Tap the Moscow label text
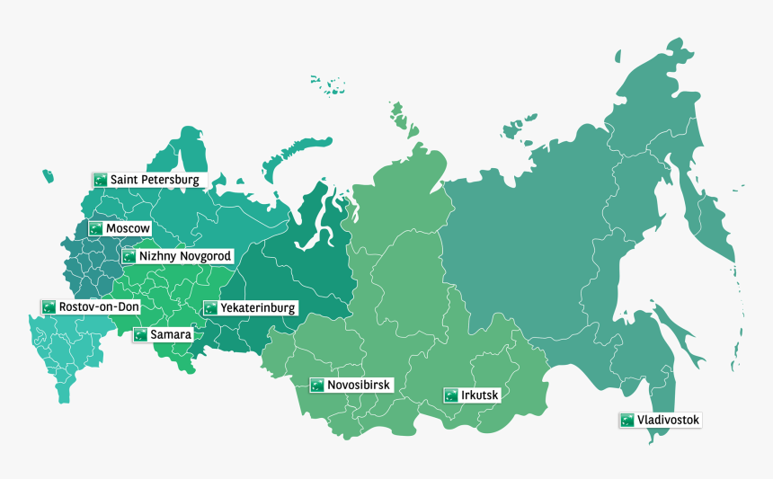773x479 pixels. coord(128,228)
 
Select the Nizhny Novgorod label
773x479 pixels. coord(185,256)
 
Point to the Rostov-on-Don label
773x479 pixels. coord(99,307)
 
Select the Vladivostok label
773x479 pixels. coord(668,420)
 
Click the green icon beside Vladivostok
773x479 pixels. coord(626,420)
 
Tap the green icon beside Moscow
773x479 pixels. coord(96,228)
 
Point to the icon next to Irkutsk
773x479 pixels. coord(450,395)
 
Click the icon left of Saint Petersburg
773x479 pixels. coord(100,180)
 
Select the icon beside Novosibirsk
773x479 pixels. coord(316,385)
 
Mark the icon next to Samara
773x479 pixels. coord(140,334)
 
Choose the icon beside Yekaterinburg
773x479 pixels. coord(210,307)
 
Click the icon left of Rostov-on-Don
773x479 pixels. coord(49,307)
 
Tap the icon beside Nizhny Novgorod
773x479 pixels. coord(129,256)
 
